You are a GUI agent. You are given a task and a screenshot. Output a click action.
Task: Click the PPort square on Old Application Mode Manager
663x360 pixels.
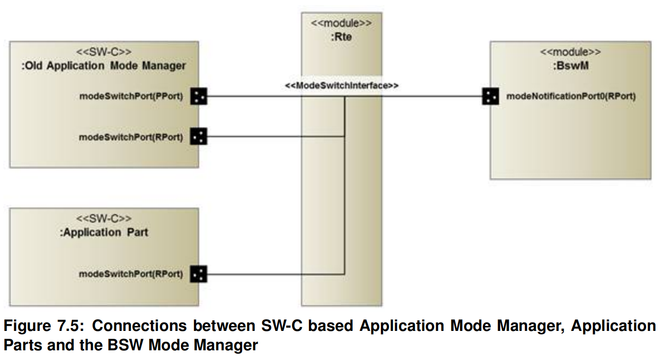(199, 96)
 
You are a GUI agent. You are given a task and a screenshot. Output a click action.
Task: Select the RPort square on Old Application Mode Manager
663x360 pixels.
(199, 137)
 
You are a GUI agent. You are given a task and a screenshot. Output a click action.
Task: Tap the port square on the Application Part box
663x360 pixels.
(199, 274)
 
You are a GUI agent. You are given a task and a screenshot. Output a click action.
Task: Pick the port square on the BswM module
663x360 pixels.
(490, 96)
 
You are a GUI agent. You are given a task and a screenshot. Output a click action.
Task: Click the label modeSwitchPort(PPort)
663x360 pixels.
(131, 97)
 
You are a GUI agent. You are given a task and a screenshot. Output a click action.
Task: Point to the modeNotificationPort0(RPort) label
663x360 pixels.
(571, 96)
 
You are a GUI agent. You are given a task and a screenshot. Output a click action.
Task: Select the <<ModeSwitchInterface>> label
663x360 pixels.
(342, 85)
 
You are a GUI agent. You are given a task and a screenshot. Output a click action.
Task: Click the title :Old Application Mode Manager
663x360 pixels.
(104, 66)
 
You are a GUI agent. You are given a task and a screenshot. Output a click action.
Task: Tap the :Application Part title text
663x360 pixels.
(104, 232)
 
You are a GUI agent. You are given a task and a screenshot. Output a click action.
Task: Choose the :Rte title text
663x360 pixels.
(341, 37)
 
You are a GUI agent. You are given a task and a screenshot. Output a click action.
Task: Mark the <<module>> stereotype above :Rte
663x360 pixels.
(341, 23)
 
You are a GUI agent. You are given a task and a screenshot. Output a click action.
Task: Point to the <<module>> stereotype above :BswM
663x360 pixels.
(570, 52)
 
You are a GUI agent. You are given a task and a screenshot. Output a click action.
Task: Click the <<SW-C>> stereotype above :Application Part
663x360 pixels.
(104, 217)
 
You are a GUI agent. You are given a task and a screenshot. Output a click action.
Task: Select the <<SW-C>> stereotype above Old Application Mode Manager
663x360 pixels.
(104, 52)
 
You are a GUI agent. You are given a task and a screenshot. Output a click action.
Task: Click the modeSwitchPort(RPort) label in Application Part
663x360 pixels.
(131, 274)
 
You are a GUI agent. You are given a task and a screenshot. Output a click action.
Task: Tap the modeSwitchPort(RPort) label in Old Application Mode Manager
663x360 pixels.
(131, 137)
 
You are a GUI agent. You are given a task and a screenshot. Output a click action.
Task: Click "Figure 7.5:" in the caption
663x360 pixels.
(43, 326)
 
